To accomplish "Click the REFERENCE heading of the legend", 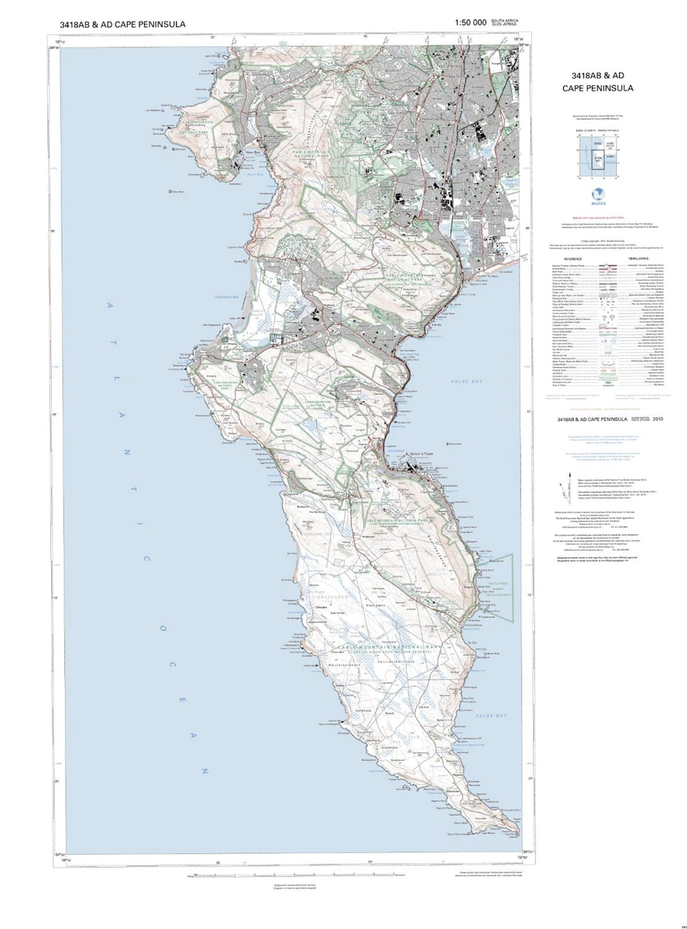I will coord(573,259).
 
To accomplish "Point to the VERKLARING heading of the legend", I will coord(638,259).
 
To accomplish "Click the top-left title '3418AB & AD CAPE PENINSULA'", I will coord(122,24).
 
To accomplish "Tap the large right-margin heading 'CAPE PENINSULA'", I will coord(597,88).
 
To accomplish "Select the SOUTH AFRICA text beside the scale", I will coord(507,20).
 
